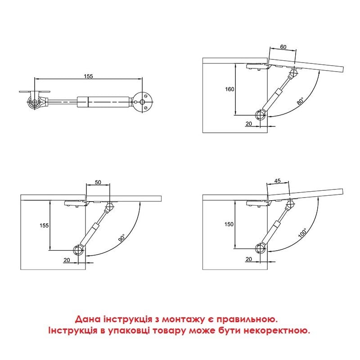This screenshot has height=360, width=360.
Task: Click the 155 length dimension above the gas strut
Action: point(88,76)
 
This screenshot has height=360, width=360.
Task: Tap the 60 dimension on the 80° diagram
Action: point(283,47)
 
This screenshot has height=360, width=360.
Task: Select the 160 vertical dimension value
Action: point(229,89)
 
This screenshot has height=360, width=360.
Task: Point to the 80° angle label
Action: point(300,101)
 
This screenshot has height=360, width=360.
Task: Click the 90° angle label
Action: point(122,238)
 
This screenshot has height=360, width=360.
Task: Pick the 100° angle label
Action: point(302,233)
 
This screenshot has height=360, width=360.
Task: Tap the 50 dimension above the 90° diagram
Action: point(98,182)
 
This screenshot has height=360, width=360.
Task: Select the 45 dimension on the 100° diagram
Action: point(277,181)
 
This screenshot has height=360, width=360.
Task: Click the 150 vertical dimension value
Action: point(229,224)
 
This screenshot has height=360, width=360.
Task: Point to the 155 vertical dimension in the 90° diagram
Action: point(44,225)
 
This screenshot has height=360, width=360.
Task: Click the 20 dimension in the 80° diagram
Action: point(249,123)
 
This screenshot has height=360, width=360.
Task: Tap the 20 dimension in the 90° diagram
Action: point(67,260)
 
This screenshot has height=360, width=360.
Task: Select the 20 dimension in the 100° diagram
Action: point(249,259)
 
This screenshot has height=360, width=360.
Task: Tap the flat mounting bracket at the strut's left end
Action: point(35,92)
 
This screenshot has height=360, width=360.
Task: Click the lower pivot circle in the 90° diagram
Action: point(78,250)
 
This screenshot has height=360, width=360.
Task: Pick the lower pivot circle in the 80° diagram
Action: point(261,115)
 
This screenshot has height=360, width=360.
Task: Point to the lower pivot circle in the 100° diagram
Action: point(261,248)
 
